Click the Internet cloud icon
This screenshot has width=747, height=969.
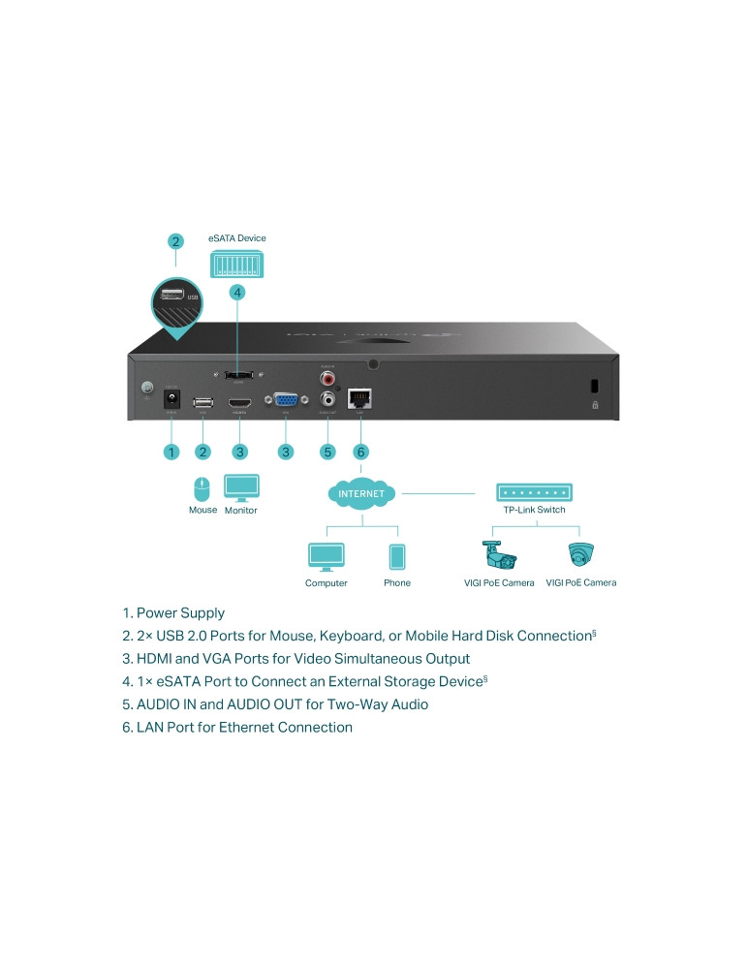pyautogui.click(x=361, y=493)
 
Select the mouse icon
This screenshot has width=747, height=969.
pyautogui.click(x=202, y=488)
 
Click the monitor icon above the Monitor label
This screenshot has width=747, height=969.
pyautogui.click(x=241, y=486)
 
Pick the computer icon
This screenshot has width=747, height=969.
pyautogui.click(x=326, y=557)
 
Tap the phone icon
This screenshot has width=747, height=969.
pyautogui.click(x=396, y=557)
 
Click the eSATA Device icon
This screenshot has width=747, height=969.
pyautogui.click(x=237, y=264)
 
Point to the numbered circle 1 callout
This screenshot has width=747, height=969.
pyautogui.click(x=171, y=452)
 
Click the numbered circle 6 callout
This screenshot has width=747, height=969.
pyautogui.click(x=360, y=452)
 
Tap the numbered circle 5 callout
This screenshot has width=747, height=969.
pyautogui.click(x=327, y=452)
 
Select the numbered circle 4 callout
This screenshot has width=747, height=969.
pyautogui.click(x=237, y=292)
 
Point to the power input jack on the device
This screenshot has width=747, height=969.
pyautogui.click(x=171, y=400)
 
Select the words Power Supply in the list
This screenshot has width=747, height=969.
pyautogui.click(x=180, y=613)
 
